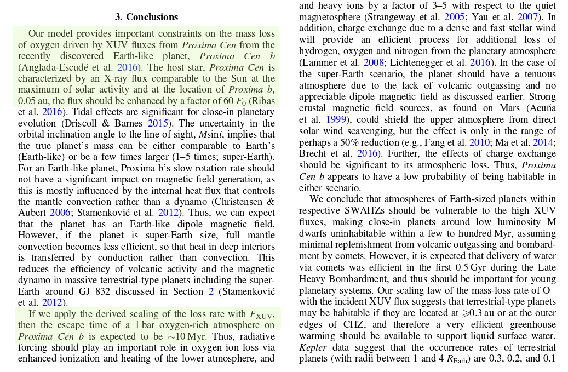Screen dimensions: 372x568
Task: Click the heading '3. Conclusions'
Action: coord(146,17)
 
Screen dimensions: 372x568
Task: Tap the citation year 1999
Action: coord(336,119)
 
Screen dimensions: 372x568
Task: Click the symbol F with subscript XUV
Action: coord(261,314)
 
